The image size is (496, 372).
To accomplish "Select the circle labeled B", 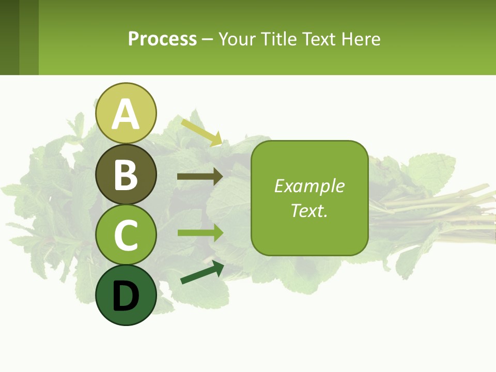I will (126, 174).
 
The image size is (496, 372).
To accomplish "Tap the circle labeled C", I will (126, 235).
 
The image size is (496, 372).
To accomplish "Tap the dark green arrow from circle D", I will (202, 273).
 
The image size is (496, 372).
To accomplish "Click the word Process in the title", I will (162, 39).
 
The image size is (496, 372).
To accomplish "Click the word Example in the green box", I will (309, 186).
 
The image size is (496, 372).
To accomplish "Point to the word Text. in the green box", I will (309, 210).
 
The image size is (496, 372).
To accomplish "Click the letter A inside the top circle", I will (126, 114).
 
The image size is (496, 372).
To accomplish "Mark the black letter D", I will (126, 297).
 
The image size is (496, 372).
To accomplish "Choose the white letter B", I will (126, 175).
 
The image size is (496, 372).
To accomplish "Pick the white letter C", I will (126, 235).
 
